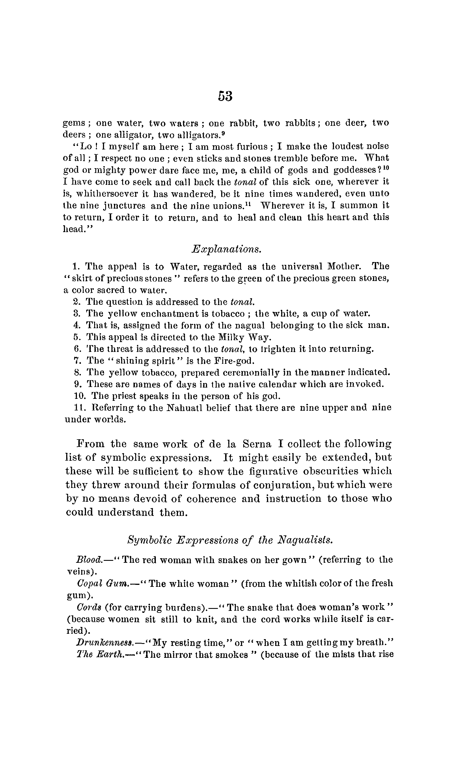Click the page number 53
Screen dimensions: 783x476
coord(225,96)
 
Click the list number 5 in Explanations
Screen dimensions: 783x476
coord(77,337)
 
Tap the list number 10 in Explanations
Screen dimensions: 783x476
coord(79,396)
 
